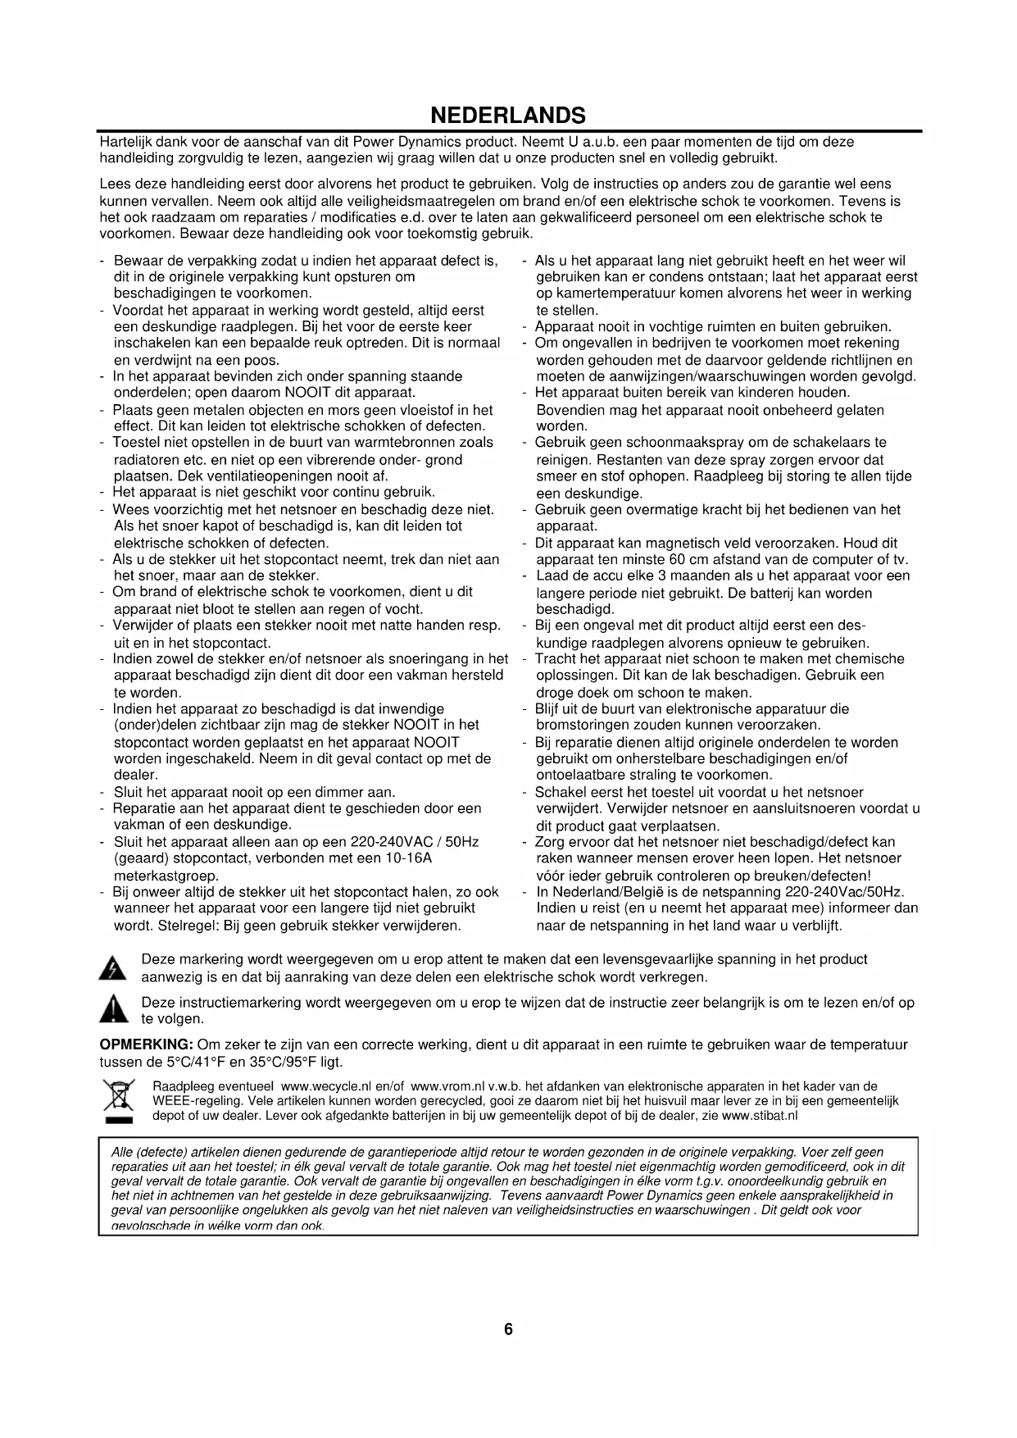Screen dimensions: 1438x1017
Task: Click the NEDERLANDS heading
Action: click(x=508, y=114)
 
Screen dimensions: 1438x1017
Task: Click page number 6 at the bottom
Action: click(x=508, y=1329)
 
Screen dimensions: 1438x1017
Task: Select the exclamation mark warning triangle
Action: click(x=112, y=1011)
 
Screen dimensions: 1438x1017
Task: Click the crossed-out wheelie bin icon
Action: click(x=112, y=1101)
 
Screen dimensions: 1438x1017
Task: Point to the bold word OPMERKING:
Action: click(x=146, y=1045)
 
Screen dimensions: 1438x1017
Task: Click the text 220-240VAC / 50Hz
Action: click(x=415, y=842)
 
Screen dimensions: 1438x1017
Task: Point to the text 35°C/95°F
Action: click(x=270, y=1063)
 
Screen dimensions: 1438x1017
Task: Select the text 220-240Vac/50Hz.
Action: click(x=844, y=892)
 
